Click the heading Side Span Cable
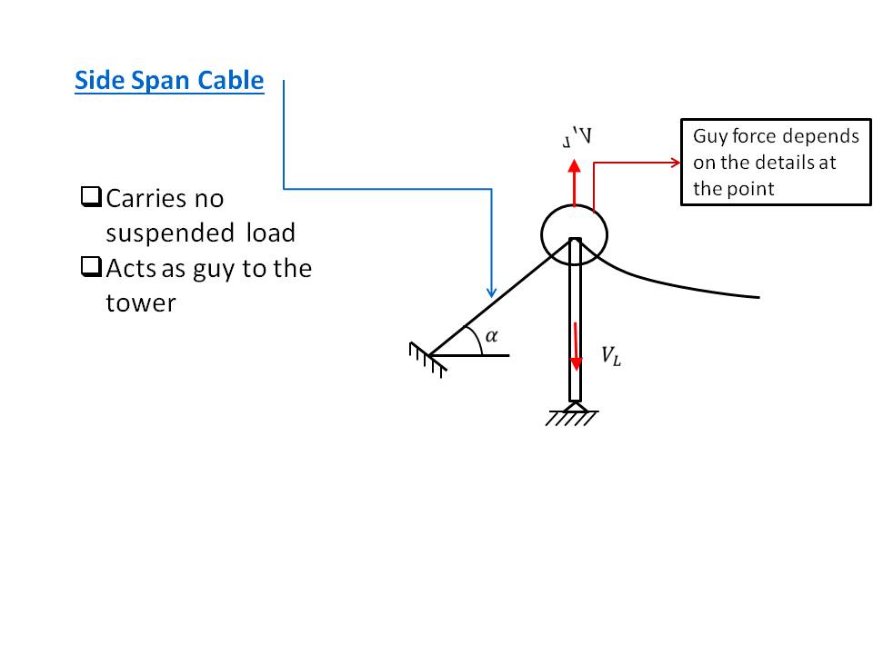[x=169, y=81]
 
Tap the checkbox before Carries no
[x=90, y=196]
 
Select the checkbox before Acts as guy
[x=90, y=267]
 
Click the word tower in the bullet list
[x=140, y=302]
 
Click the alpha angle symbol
[x=492, y=336]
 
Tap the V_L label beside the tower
[x=611, y=355]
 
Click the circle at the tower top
[x=574, y=235]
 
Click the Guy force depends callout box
[x=770, y=163]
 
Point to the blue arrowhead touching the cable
[x=491, y=292]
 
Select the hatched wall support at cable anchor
[x=426, y=359]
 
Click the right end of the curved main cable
[x=757, y=296]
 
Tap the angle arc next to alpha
[x=475, y=340]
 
